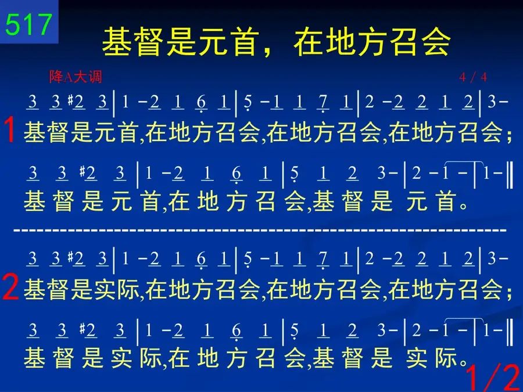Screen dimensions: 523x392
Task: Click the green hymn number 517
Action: (x=28, y=24)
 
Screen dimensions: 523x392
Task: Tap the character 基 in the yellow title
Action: (x=117, y=42)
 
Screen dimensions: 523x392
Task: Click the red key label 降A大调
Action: (x=76, y=77)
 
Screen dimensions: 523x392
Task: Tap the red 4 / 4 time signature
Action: (x=473, y=77)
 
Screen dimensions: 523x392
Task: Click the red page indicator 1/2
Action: (x=493, y=377)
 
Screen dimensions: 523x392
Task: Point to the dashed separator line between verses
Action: (x=260, y=231)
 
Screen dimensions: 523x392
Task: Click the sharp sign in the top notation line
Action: (x=70, y=100)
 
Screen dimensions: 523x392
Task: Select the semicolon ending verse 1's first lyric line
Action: (x=509, y=136)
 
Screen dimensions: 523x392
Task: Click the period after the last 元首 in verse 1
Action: (x=463, y=206)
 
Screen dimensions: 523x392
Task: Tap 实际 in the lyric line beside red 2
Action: (x=117, y=289)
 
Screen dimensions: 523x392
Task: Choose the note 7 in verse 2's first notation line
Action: (x=323, y=258)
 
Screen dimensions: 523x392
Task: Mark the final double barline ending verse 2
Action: (x=510, y=332)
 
